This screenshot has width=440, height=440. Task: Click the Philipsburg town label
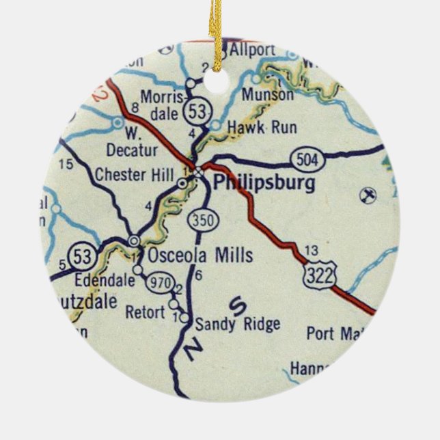coord(264,183)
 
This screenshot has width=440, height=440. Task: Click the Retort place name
coord(145,313)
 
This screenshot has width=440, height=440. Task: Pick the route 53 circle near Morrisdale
coord(200,109)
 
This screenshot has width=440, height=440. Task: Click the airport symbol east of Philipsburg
coord(367,196)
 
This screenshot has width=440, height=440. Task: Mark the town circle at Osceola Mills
coord(134,240)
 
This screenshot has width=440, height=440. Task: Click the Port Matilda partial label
coord(332,334)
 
